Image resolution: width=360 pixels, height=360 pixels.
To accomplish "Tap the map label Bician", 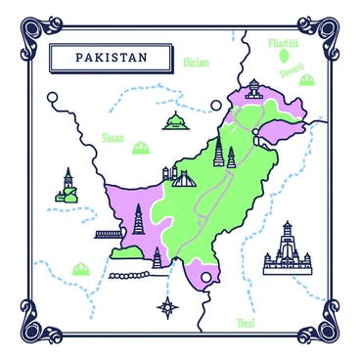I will point(197,63).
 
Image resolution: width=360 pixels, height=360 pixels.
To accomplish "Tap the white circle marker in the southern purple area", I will point(205,278).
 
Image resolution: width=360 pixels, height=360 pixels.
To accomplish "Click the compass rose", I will point(169,306).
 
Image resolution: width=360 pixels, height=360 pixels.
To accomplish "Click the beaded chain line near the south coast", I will point(132,277).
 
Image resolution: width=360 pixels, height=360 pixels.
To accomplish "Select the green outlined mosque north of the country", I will point(175,121).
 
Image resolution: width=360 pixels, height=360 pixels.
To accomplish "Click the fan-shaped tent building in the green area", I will point(183,178).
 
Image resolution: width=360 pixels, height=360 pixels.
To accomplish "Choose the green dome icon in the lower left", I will point(79,267).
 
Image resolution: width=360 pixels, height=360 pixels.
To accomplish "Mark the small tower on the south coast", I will point(157,257).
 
